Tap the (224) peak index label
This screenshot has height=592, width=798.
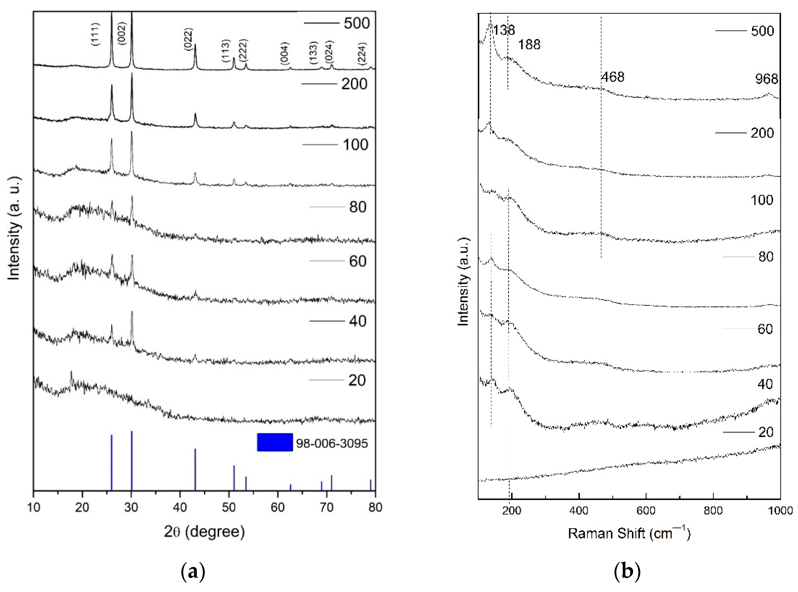(362, 54)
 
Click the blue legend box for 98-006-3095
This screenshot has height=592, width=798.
(275, 442)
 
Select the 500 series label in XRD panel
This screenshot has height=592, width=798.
(356, 23)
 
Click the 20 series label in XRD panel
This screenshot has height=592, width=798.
(357, 380)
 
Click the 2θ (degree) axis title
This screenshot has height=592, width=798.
(204, 531)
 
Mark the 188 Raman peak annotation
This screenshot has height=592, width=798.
(529, 45)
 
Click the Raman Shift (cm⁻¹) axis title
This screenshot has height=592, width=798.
(629, 533)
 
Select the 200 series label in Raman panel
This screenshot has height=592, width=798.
(762, 133)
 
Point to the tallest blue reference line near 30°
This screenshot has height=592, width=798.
(132, 460)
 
